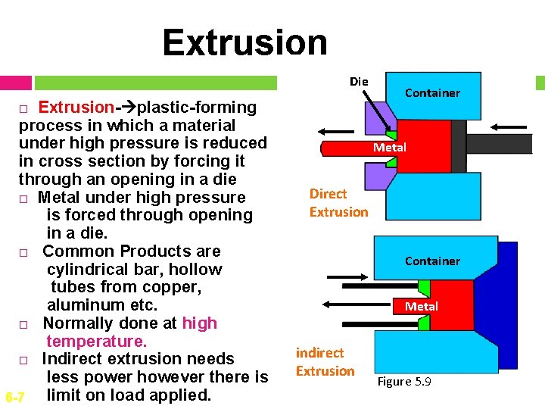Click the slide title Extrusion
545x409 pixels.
click(x=244, y=42)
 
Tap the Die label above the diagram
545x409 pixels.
click(x=359, y=81)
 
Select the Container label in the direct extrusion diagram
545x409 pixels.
click(x=432, y=92)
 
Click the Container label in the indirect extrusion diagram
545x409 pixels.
click(x=432, y=261)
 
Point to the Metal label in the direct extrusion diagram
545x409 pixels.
click(x=389, y=148)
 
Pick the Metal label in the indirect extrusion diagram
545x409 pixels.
click(x=421, y=306)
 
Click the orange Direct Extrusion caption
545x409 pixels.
click(x=338, y=203)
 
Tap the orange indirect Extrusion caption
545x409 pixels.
click(x=325, y=362)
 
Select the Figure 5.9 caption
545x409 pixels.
click(x=403, y=382)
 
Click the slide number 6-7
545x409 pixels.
click(x=15, y=397)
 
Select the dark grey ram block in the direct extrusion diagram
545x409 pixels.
click(x=458, y=147)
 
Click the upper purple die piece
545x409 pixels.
click(x=375, y=119)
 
